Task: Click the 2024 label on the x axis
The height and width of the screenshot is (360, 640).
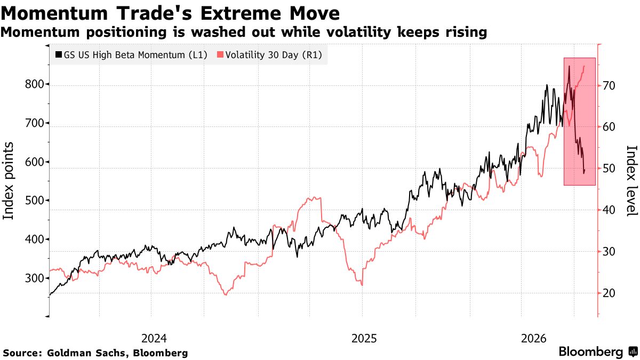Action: coord(154,339)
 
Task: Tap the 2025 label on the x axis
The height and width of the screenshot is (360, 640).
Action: coord(364,339)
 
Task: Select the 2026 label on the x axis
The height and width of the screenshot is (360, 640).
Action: coord(534,339)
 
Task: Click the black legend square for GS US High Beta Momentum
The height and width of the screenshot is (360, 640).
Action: coord(59,54)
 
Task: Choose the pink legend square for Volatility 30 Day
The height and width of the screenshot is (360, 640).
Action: coord(220,54)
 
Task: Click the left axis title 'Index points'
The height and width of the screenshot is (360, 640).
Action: coord(9,181)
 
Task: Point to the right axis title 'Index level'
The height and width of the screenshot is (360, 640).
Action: coord(631,181)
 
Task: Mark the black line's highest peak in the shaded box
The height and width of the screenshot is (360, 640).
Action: coord(569,66)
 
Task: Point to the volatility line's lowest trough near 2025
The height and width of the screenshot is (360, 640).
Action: coord(362,285)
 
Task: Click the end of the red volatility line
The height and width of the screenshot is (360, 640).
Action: coord(585,66)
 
